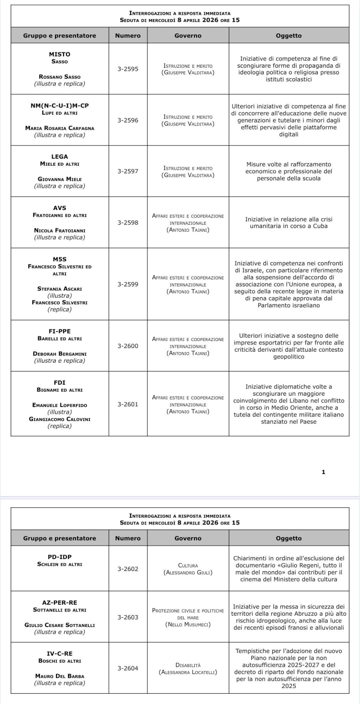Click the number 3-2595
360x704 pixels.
128,69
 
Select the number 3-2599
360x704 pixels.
128,284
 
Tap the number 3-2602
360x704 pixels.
128,569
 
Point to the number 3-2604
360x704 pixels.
128,668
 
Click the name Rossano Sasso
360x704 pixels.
60,77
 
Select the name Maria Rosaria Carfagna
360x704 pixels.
60,128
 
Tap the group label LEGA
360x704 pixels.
60,157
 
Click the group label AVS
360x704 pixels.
60,208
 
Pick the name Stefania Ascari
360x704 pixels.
60,289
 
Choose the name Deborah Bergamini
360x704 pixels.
60,354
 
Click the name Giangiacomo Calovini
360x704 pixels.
60,419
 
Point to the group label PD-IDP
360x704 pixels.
60,557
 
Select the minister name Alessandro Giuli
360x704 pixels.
188,572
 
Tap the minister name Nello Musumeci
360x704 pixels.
188,624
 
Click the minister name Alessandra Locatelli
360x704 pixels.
188,672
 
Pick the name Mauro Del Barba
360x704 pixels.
60,676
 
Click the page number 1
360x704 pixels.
323,472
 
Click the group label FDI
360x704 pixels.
60,383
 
